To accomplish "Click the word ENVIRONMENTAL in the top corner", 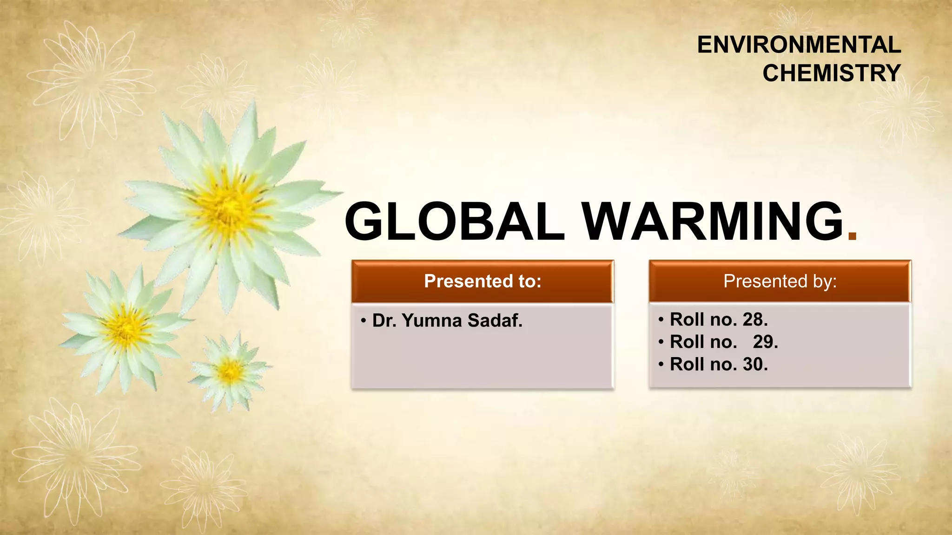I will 799,45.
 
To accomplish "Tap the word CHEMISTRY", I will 831,73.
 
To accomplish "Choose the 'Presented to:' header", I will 483,281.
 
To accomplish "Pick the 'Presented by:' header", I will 780,281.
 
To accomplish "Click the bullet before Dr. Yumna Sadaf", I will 363,321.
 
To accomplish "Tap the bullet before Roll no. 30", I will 661,365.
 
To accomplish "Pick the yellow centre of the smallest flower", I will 230,371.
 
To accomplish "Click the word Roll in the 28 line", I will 687,320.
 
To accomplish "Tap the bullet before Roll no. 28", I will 661,320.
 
